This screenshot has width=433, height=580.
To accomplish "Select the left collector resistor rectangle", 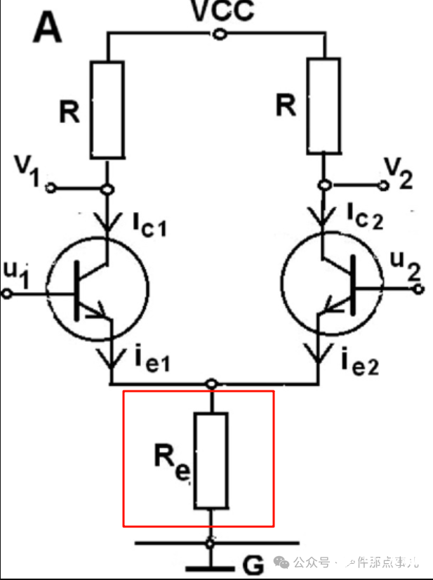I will tap(108, 109).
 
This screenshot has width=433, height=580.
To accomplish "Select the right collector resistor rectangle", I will tap(324, 107).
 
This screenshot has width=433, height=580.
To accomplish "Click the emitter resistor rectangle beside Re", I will tap(211, 460).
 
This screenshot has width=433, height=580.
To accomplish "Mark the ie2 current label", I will tap(360, 362).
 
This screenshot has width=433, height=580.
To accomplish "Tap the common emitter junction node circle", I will tap(211, 384).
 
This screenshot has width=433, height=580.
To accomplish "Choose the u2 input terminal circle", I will tap(420, 289).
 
